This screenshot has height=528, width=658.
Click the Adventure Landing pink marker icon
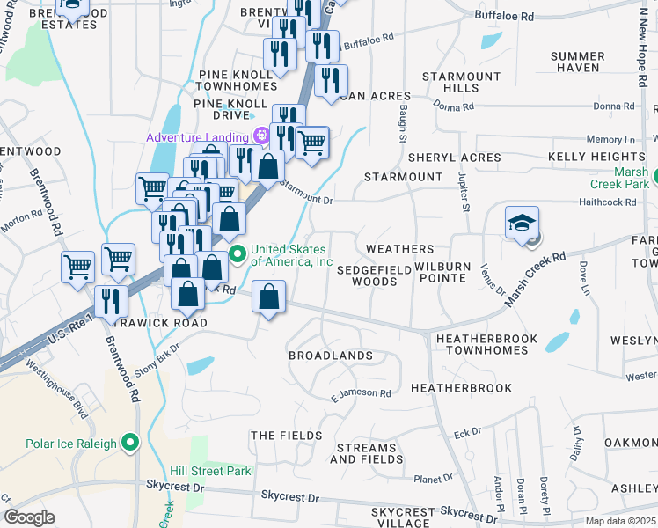pos(260,136)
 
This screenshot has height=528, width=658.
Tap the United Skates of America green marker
pos(237,255)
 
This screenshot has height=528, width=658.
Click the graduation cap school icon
pos(522,223)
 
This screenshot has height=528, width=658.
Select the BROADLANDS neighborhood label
pos(331,356)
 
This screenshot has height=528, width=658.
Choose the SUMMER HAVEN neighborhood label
pos(577,62)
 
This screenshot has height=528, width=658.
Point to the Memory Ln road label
pos(610,140)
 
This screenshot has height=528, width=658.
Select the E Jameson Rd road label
pos(361,393)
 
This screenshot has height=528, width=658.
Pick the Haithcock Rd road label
pos(608,202)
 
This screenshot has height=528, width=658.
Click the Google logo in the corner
pos(30,517)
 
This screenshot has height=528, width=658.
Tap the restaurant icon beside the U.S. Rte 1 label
pos(111,300)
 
